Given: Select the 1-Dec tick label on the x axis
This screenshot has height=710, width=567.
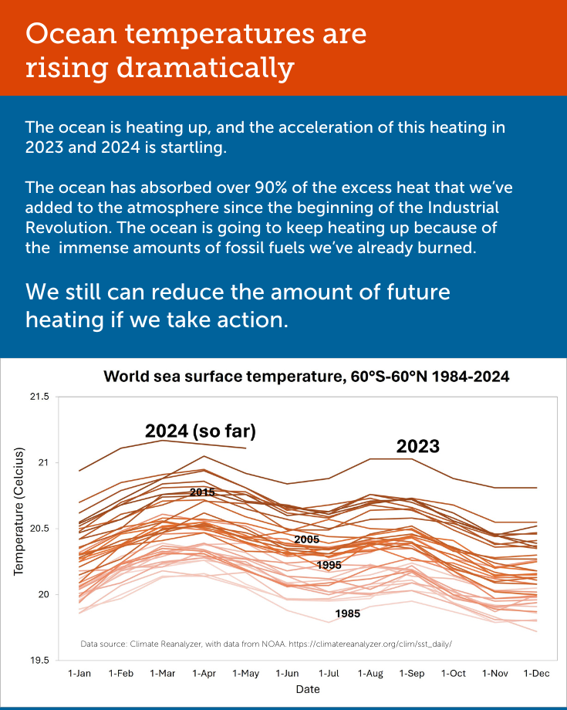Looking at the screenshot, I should tap(536, 674).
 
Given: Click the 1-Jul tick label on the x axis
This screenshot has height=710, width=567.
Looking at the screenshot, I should tap(329, 674).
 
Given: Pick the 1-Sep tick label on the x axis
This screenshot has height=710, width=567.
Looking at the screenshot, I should tap(412, 674).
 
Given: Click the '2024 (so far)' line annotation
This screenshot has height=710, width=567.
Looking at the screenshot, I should tap(201, 431).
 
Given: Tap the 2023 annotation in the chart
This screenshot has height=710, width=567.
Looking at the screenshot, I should tap(417, 446).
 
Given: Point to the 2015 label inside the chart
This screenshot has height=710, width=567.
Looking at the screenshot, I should tap(202, 492).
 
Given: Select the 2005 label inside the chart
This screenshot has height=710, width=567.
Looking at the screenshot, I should tap(306, 539).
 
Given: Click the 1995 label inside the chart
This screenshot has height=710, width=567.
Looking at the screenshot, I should tap(329, 566).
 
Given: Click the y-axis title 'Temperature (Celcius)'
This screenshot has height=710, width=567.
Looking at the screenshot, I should tap(19, 511).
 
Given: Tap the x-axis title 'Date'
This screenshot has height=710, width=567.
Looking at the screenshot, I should tap(307, 690).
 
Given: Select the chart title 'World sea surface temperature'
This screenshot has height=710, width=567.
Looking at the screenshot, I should tap(306, 377).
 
